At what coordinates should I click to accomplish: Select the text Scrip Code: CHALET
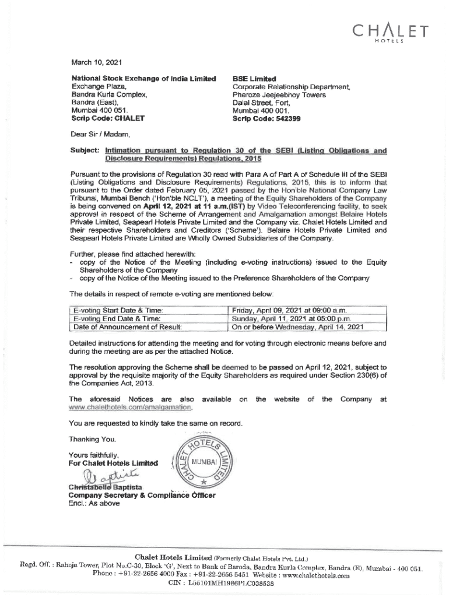click(107, 118)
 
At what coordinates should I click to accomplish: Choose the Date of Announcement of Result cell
click(126, 327)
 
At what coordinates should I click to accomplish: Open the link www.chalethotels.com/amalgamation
click(130, 408)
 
